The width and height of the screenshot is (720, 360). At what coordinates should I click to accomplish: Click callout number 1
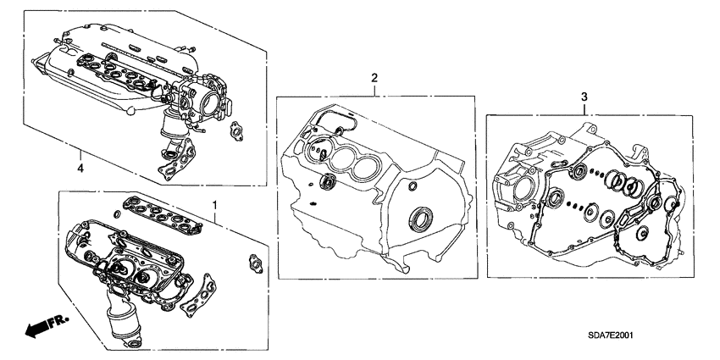tap(214, 206)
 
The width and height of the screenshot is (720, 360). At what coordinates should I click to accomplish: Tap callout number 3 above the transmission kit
tap(583, 99)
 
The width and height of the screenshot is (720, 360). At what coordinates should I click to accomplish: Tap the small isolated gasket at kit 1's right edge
tap(252, 263)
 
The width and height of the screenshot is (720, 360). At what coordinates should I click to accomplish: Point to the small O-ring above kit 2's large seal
tap(412, 186)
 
